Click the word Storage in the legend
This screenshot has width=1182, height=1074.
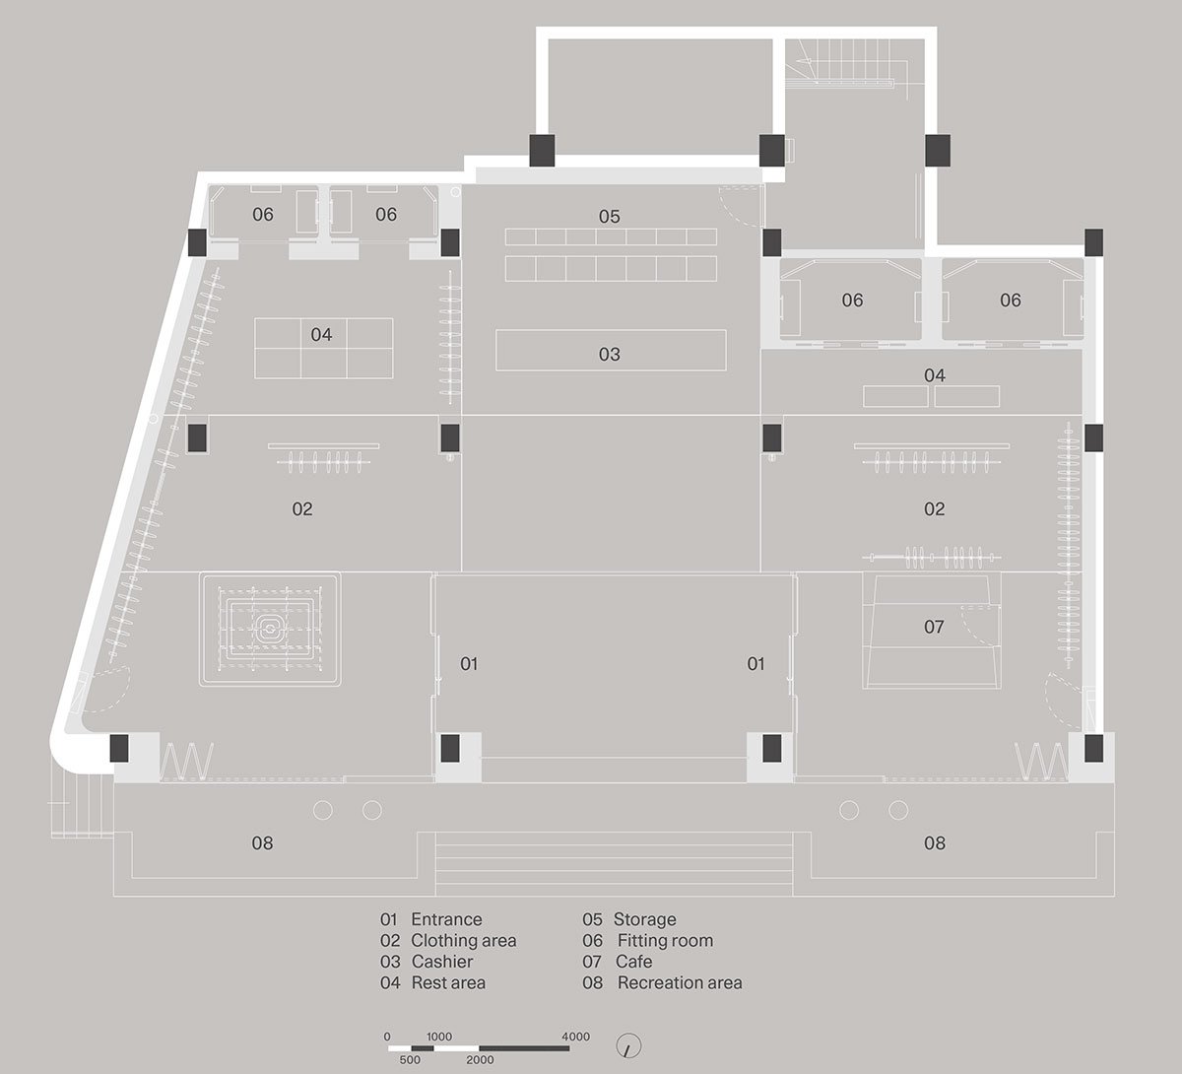644,919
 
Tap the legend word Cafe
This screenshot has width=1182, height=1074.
633,962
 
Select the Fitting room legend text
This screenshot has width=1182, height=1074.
665,941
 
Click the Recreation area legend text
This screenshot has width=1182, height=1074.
680,983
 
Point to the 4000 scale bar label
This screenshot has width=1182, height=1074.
575,1037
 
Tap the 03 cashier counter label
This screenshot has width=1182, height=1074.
609,355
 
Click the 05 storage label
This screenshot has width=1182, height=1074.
609,217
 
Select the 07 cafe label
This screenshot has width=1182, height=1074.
934,627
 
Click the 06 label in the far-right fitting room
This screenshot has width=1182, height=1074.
1011,301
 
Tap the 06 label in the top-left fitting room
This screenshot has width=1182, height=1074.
262,215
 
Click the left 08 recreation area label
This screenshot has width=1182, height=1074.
262,843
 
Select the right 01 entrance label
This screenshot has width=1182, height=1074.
755,664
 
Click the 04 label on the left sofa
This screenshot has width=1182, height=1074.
321,335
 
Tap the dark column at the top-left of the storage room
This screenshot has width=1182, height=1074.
543,150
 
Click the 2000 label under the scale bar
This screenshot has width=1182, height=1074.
480,1060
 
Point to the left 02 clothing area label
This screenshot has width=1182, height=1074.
302,509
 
